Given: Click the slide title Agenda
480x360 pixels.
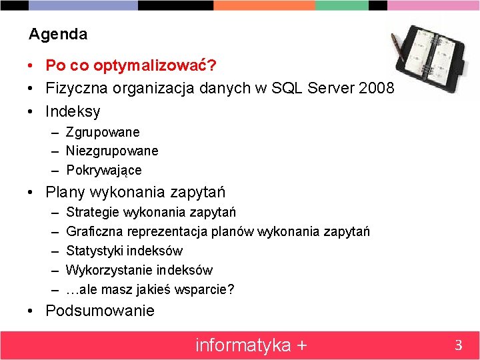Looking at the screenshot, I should click(58, 34).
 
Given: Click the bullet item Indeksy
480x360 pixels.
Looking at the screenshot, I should click(73, 111).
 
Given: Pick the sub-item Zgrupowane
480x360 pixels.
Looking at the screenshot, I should click(103, 133).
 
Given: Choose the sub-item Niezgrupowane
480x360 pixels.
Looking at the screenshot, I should click(112, 151).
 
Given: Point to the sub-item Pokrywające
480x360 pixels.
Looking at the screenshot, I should click(104, 170).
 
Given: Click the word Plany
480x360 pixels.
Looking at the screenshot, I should click(65, 193).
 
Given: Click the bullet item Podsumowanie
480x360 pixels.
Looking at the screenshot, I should click(100, 311).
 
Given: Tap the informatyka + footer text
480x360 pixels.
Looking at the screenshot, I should click(251, 345).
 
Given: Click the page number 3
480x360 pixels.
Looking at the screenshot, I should click(458, 345).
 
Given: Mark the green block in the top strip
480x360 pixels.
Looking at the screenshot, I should click(342, 5).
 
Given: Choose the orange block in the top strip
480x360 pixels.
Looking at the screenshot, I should click(264, 5).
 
